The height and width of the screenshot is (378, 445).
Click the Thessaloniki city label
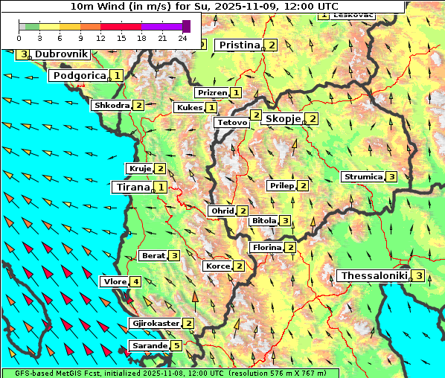pyautogui.click(x=374, y=276)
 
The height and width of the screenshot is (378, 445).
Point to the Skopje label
pyautogui.click(x=283, y=119)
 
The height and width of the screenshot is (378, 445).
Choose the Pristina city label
pyautogui.click(x=239, y=45)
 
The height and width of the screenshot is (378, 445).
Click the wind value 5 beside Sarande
pyautogui.click(x=176, y=345)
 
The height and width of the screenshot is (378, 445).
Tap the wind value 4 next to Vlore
pyautogui.click(x=135, y=282)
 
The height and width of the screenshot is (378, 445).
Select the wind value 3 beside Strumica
pyautogui.click(x=391, y=177)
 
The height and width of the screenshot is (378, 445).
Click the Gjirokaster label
pyautogui.click(x=155, y=324)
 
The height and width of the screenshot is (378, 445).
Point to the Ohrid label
pyautogui.click(x=221, y=211)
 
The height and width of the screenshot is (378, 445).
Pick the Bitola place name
pyautogui.click(x=263, y=221)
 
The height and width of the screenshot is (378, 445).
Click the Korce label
pyautogui.click(x=217, y=266)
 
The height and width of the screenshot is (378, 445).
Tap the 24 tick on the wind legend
pyautogui.click(x=183, y=37)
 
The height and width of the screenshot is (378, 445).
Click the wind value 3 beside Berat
pyautogui.click(x=174, y=256)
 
